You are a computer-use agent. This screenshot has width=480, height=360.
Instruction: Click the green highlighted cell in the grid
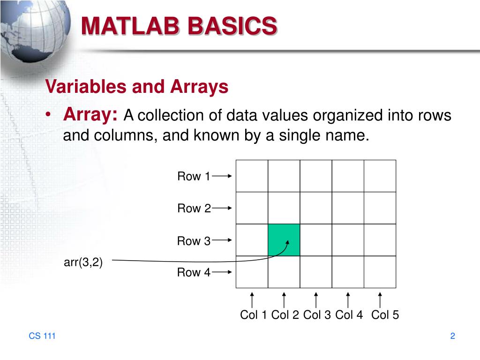click(284, 240)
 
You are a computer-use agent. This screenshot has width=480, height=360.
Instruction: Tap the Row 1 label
click(194, 177)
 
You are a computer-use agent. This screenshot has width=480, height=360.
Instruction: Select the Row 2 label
click(194, 209)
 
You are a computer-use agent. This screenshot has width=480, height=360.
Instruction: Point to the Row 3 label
click(194, 241)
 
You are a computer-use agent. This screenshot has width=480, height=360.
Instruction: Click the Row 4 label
click(194, 272)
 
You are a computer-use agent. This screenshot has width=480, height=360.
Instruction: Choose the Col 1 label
click(254, 315)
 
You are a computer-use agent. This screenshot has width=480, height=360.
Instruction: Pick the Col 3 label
click(317, 315)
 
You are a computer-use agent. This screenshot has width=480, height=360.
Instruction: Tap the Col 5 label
click(385, 315)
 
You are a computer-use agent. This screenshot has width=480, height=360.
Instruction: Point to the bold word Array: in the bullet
click(91, 114)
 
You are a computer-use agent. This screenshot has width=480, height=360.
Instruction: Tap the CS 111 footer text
click(42, 336)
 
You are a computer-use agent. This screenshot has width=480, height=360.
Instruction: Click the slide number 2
click(453, 336)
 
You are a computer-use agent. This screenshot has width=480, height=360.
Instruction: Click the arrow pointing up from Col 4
click(348, 300)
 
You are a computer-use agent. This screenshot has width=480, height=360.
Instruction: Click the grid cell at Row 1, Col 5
click(380, 176)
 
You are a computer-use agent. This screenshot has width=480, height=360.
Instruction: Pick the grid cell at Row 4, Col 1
click(252, 272)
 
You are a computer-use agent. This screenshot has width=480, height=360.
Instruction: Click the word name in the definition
click(342, 136)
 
